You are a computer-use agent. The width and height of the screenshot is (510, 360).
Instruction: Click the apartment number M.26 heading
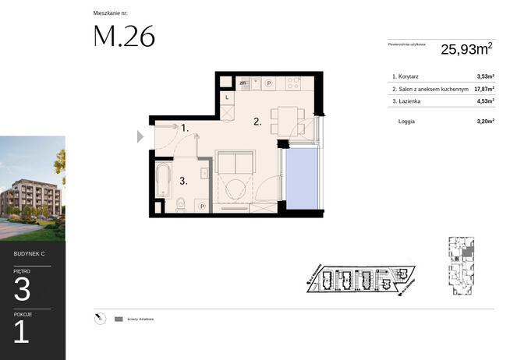124,37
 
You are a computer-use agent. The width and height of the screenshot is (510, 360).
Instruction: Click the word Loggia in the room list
406,122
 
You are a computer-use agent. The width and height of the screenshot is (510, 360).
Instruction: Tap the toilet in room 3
181,205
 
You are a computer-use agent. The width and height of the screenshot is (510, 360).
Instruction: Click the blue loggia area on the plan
303,178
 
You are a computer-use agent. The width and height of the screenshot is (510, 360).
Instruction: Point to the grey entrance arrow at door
140,136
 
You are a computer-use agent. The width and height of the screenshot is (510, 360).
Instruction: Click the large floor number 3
23,291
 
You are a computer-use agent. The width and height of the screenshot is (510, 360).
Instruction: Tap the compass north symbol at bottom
97,318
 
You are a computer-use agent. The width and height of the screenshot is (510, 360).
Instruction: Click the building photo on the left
33,188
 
